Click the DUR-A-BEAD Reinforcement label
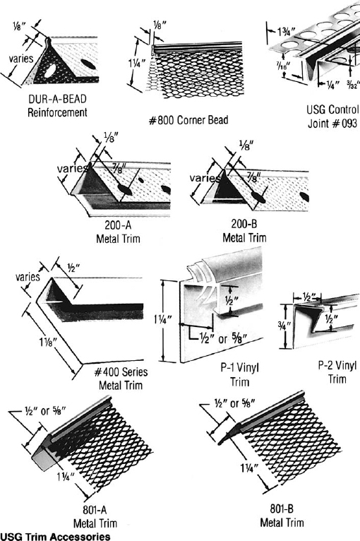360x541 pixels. [58, 105]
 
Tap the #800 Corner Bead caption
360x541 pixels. [188, 120]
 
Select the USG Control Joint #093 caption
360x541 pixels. [332, 117]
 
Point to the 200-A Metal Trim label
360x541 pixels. [118, 232]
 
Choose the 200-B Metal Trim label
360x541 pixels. [244, 231]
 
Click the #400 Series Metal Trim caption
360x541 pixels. [121, 379]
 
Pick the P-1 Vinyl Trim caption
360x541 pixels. [240, 375]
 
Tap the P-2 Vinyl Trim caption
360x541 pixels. [337, 372]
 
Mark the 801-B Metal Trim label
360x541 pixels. [282, 516]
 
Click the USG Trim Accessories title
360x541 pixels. [56, 537]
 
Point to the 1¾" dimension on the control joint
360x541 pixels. [287, 32]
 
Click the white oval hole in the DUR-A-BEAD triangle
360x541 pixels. [50, 71]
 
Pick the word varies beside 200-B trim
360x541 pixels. [205, 178]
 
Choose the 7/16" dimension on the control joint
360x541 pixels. [284, 66]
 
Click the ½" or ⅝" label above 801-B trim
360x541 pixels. [234, 403]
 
